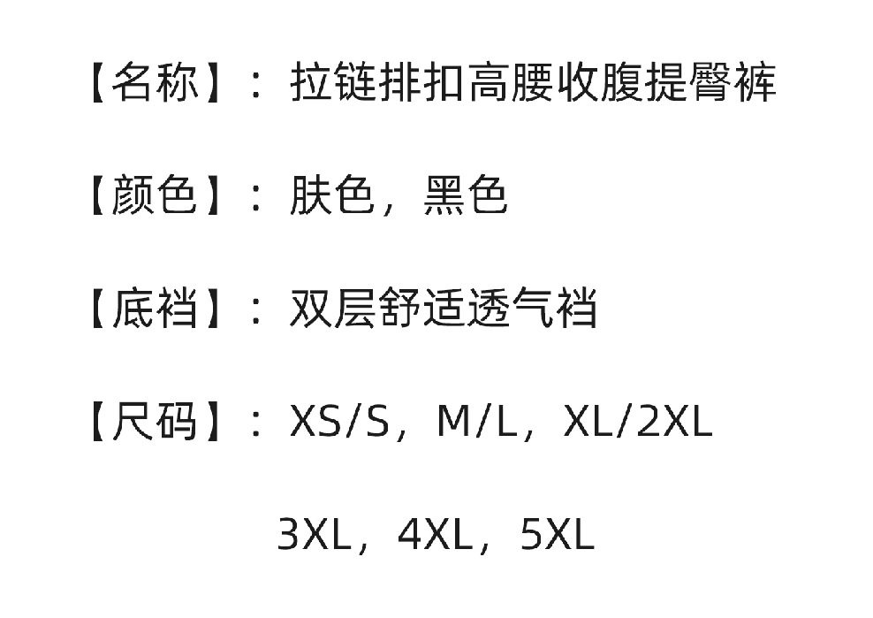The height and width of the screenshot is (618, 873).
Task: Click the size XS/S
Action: click(x=339, y=422)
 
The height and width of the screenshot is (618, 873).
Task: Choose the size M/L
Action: click(x=478, y=422)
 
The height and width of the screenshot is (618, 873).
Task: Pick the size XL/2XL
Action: click(x=638, y=421)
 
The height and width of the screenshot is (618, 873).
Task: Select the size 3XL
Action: click(x=315, y=534)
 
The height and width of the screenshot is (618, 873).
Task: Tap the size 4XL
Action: click(x=436, y=534)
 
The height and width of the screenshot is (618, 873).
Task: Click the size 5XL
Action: click(x=558, y=534)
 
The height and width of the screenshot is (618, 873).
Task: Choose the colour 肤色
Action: click(x=332, y=195)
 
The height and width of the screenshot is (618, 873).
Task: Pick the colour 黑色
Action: click(x=466, y=195)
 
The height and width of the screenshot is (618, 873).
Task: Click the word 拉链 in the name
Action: click(x=333, y=83)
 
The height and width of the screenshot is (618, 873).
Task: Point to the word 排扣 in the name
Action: click(x=421, y=83)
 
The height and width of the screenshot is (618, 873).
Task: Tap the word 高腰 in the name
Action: click(x=511, y=83)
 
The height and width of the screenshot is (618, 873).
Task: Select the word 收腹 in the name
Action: click(x=600, y=83)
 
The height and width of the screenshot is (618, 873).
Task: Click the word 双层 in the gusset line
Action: click(x=332, y=308)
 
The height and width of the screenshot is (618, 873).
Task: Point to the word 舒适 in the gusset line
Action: click(x=421, y=308)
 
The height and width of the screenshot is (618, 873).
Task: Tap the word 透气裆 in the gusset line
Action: click(x=532, y=308)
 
